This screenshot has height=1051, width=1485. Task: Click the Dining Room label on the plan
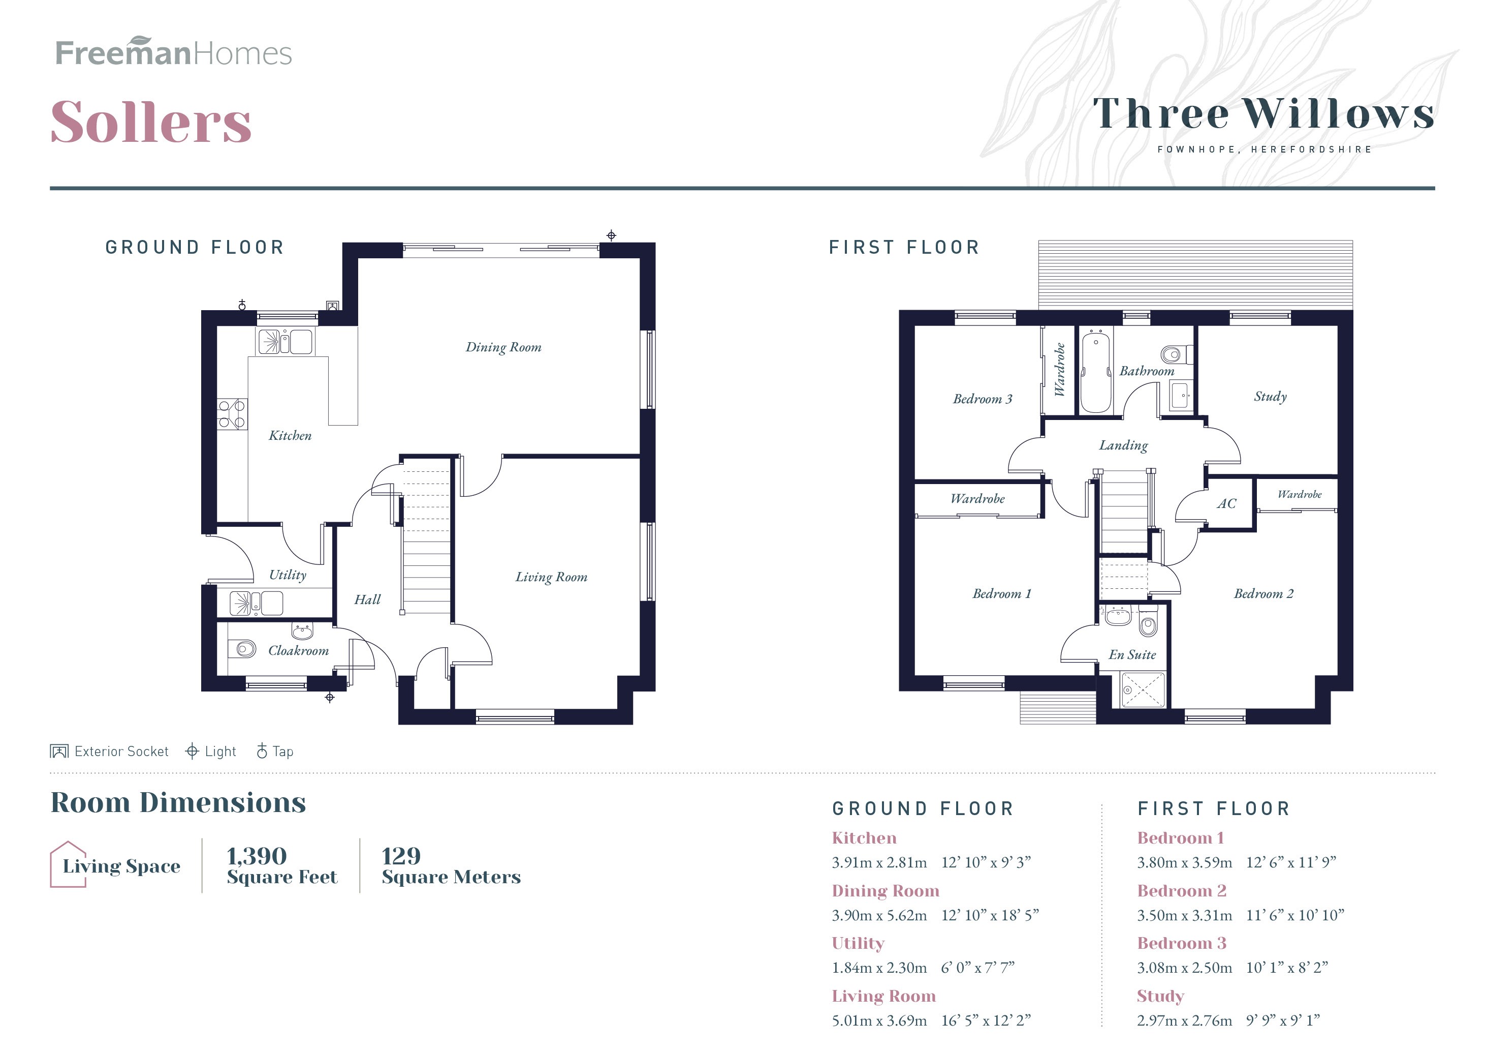pos(503,347)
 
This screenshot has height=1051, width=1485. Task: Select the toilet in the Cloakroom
pos(245,648)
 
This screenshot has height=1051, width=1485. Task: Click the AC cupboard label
pos(1226,503)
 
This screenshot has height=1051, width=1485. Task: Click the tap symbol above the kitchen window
pos(242,304)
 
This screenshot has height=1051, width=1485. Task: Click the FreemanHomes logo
pos(173,53)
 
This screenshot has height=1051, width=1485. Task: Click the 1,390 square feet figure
pos(257,856)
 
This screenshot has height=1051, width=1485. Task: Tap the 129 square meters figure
pos(401,856)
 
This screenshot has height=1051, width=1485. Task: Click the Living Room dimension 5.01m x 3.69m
pos(879,1020)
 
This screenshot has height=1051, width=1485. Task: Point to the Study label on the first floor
pos(1270,396)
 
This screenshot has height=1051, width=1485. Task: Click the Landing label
pos(1123,445)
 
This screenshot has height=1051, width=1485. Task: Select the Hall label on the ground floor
pos(367,599)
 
